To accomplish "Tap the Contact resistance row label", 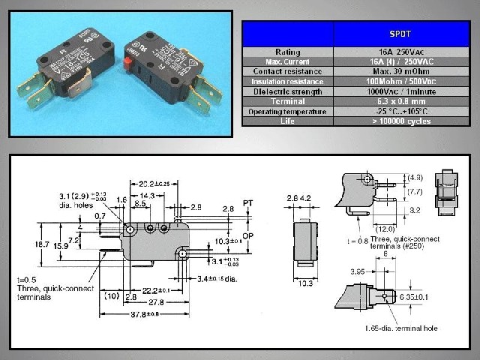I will [x=289, y=70].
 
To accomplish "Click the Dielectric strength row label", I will [x=289, y=91].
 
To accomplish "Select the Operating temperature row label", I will [x=289, y=111].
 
